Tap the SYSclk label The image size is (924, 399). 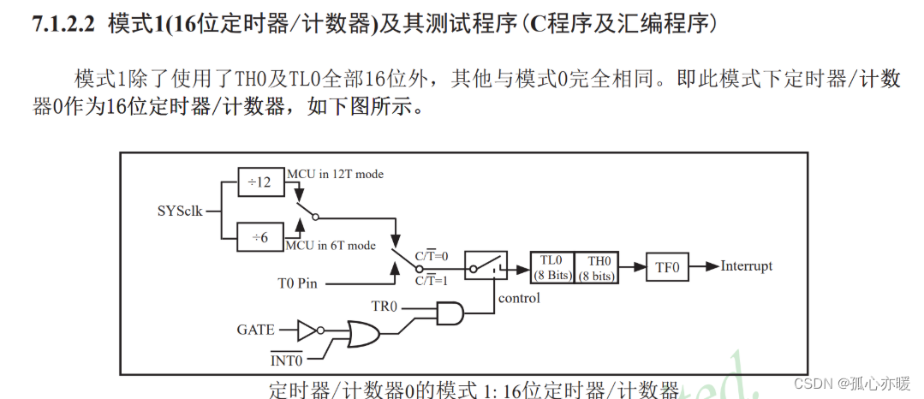click(180, 210)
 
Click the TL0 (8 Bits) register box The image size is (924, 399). click(551, 267)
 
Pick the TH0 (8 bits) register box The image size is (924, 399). click(595, 267)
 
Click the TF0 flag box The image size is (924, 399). click(667, 267)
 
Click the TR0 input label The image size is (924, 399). click(387, 306)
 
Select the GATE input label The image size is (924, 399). click(256, 329)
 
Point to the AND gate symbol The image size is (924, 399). click(450, 313)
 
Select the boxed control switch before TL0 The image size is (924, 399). click(486, 266)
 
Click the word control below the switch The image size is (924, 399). click(520, 298)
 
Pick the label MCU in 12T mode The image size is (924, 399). click(336, 174)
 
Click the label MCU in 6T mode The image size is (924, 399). click(331, 245)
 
